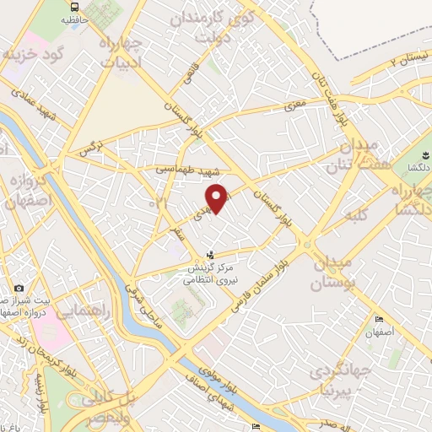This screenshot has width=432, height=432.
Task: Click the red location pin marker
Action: (x=218, y=197)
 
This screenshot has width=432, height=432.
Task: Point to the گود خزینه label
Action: (x=36, y=55)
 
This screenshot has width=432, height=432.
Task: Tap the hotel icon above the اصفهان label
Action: (x=379, y=319)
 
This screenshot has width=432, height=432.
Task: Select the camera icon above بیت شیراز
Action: (x=18, y=289)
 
